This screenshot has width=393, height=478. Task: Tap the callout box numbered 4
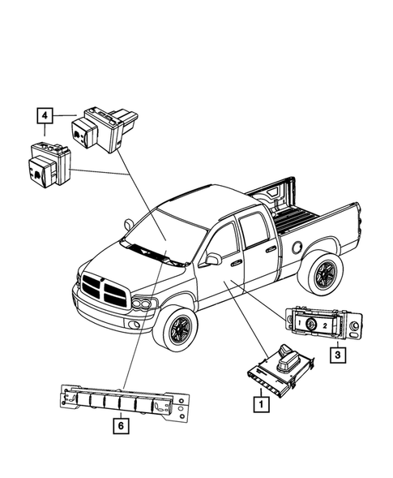pos(45,116)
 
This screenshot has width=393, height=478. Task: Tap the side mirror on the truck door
pos(214,259)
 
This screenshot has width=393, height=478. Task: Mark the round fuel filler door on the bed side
pos(299,244)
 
